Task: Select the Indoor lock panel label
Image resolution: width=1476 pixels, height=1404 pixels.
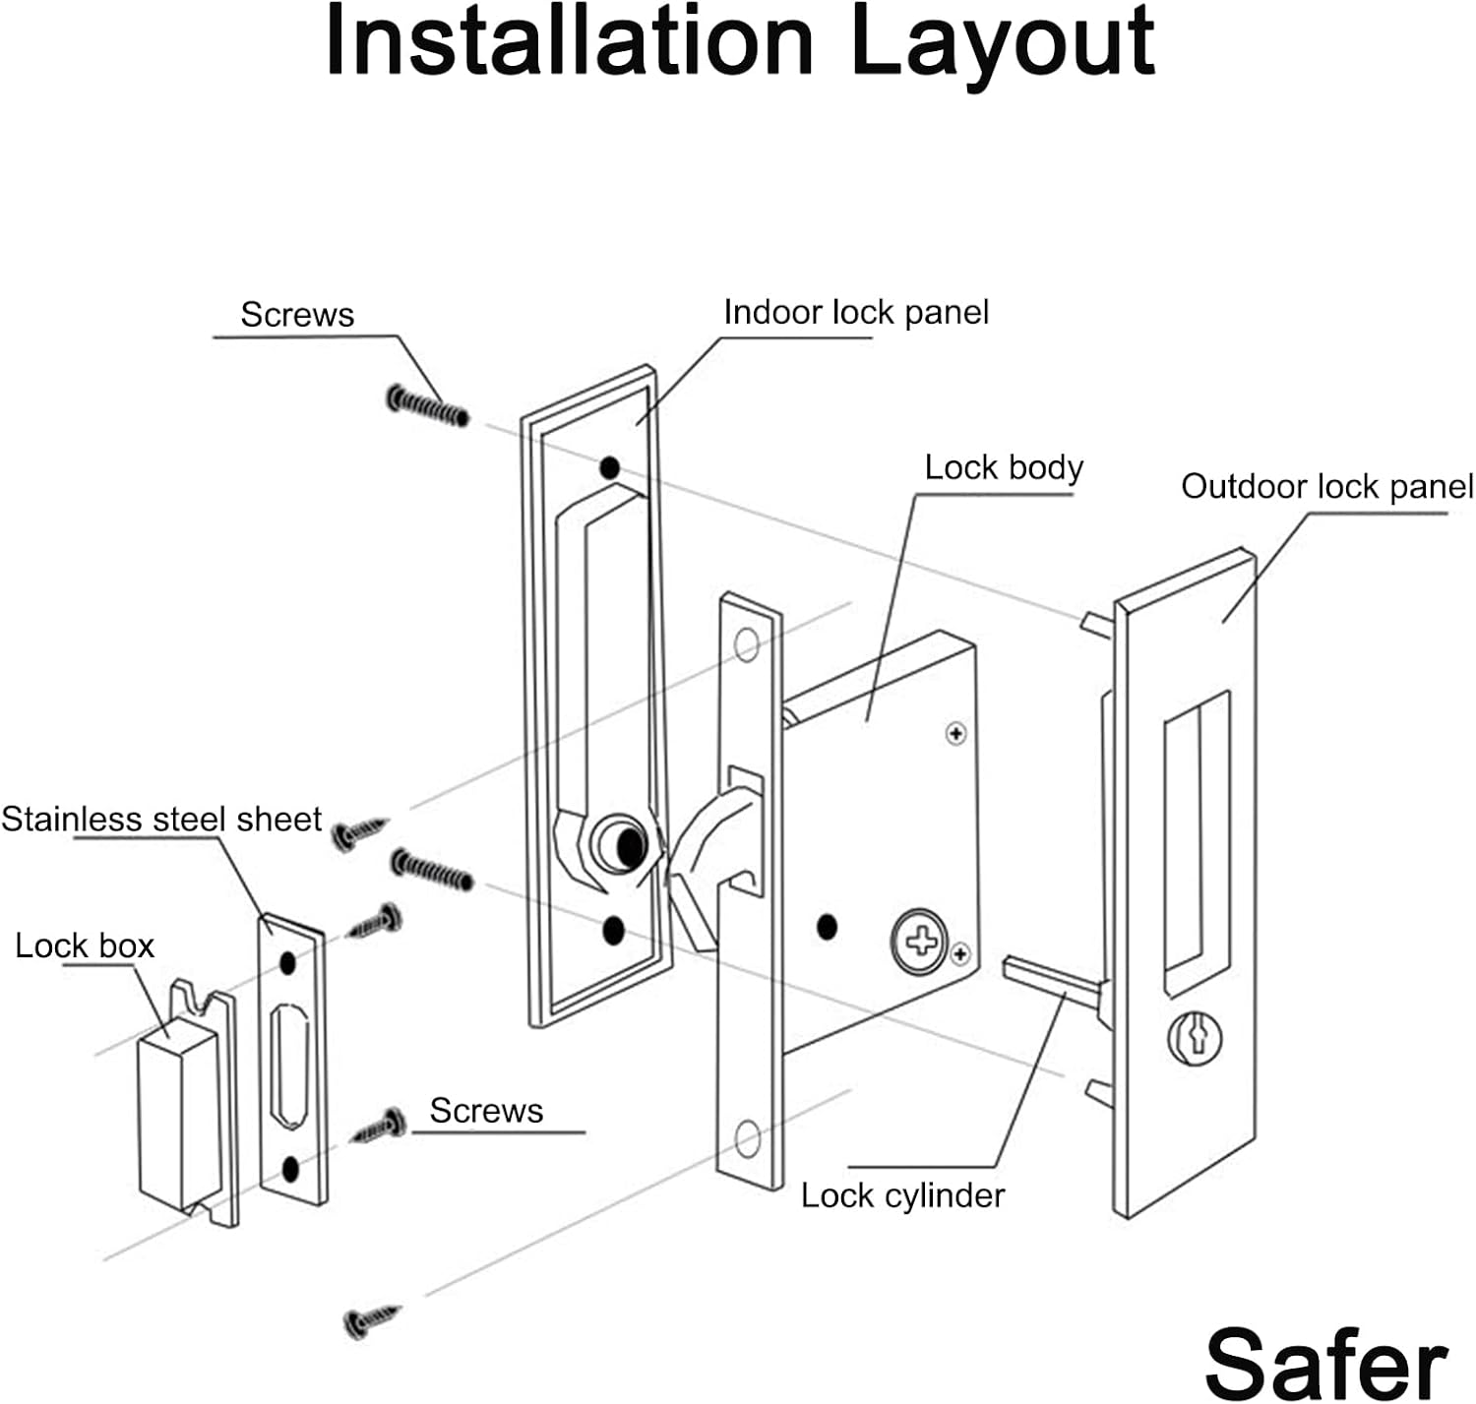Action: pyautogui.click(x=855, y=313)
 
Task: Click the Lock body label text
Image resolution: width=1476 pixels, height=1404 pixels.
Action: pyautogui.click(x=1003, y=467)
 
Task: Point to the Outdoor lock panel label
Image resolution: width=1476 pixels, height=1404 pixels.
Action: pyautogui.click(x=1326, y=487)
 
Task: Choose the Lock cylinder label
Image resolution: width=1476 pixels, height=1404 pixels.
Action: pyautogui.click(x=902, y=1195)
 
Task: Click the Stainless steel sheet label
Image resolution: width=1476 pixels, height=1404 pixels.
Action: pyautogui.click(x=161, y=820)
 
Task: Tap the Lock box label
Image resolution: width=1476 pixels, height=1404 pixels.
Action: pyautogui.click(x=85, y=946)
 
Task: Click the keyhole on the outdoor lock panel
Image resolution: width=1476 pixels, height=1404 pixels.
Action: pyautogui.click(x=1196, y=1037)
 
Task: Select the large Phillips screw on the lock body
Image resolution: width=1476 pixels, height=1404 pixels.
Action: pyautogui.click(x=921, y=942)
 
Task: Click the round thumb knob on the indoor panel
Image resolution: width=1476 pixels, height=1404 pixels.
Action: pyautogui.click(x=620, y=844)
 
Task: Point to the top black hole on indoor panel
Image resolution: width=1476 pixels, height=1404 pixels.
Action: pyautogui.click(x=610, y=467)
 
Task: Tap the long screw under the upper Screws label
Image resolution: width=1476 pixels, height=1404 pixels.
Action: pyautogui.click(x=428, y=405)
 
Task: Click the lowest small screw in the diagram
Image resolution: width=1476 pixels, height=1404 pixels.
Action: pyautogui.click(x=372, y=1320)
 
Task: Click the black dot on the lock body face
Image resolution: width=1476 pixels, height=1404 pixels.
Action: pyautogui.click(x=827, y=927)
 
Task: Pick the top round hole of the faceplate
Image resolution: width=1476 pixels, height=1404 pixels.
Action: pyautogui.click(x=747, y=645)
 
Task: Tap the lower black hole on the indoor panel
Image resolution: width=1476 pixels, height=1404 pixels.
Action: pyautogui.click(x=613, y=930)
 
